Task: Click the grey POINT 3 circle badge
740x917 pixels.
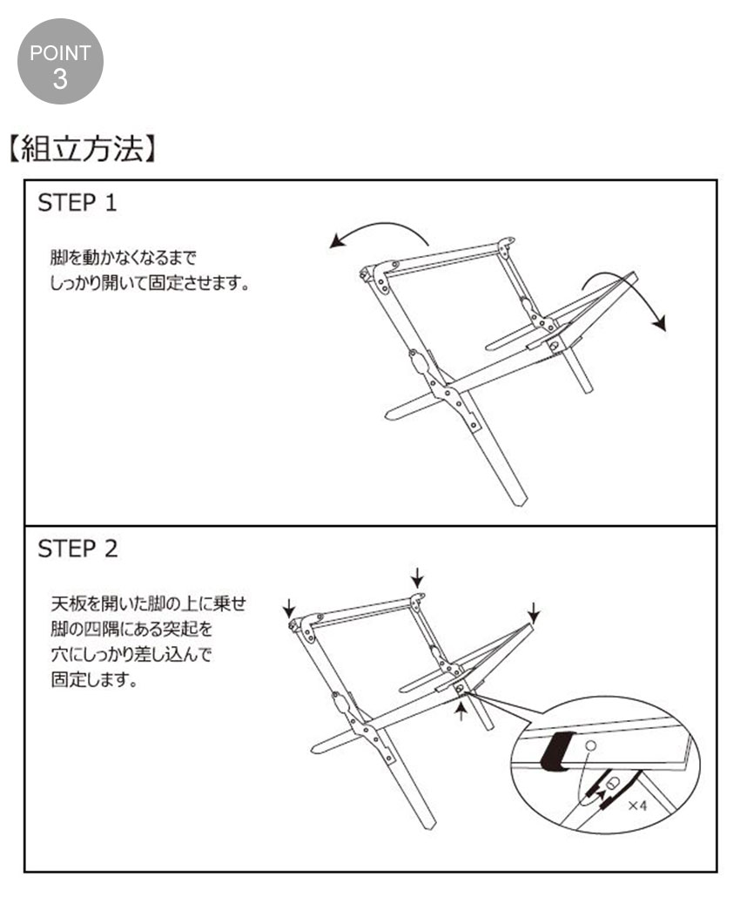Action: [x=60, y=62]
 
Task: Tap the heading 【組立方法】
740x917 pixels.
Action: [x=83, y=149]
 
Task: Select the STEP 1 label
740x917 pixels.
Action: [x=77, y=203]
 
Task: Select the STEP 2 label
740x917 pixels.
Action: [x=77, y=549]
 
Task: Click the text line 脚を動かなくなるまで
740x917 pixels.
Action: [x=124, y=257]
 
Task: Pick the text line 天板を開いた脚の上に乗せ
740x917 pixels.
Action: [x=149, y=603]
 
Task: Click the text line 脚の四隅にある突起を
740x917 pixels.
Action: [x=131, y=630]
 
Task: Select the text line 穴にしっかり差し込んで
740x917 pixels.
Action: [x=131, y=654]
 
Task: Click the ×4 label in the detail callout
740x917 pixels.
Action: [x=637, y=806]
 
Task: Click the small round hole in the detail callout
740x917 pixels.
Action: [x=590, y=745]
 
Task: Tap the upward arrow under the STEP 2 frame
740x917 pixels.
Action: [x=461, y=711]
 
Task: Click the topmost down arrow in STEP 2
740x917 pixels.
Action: [x=417, y=577]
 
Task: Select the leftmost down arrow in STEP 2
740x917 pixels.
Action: [x=289, y=608]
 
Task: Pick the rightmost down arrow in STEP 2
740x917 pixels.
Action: [x=534, y=612]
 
